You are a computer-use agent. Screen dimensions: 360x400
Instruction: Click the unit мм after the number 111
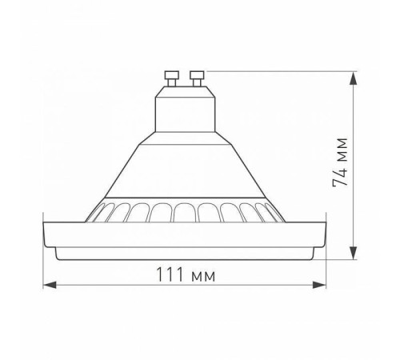pos(205,275)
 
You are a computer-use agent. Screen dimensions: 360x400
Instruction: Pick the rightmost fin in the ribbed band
pos(270,214)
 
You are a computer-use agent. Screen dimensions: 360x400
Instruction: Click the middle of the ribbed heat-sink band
pos(185,213)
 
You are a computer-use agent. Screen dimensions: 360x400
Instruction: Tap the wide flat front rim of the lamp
pos(185,237)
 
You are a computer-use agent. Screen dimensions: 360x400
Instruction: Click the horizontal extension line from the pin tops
pos(280,70)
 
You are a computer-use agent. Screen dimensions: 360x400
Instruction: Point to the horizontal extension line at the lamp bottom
pos(336,259)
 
